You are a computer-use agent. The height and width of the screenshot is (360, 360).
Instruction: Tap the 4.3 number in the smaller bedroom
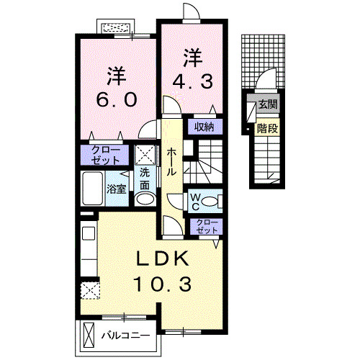coord(191,81)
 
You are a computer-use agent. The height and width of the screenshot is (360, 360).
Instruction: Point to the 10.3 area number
coord(161,284)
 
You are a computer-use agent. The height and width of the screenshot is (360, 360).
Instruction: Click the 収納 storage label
coord(204,127)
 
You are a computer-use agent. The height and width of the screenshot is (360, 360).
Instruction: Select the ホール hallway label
coord(173,161)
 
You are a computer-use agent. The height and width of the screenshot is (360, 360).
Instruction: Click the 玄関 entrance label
coord(269,104)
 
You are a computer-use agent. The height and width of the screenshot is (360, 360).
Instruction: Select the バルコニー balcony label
coord(125,336)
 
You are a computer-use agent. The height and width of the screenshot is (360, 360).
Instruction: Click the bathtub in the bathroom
coord(92,189)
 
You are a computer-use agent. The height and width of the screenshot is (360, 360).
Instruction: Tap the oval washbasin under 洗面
coord(145,199)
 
